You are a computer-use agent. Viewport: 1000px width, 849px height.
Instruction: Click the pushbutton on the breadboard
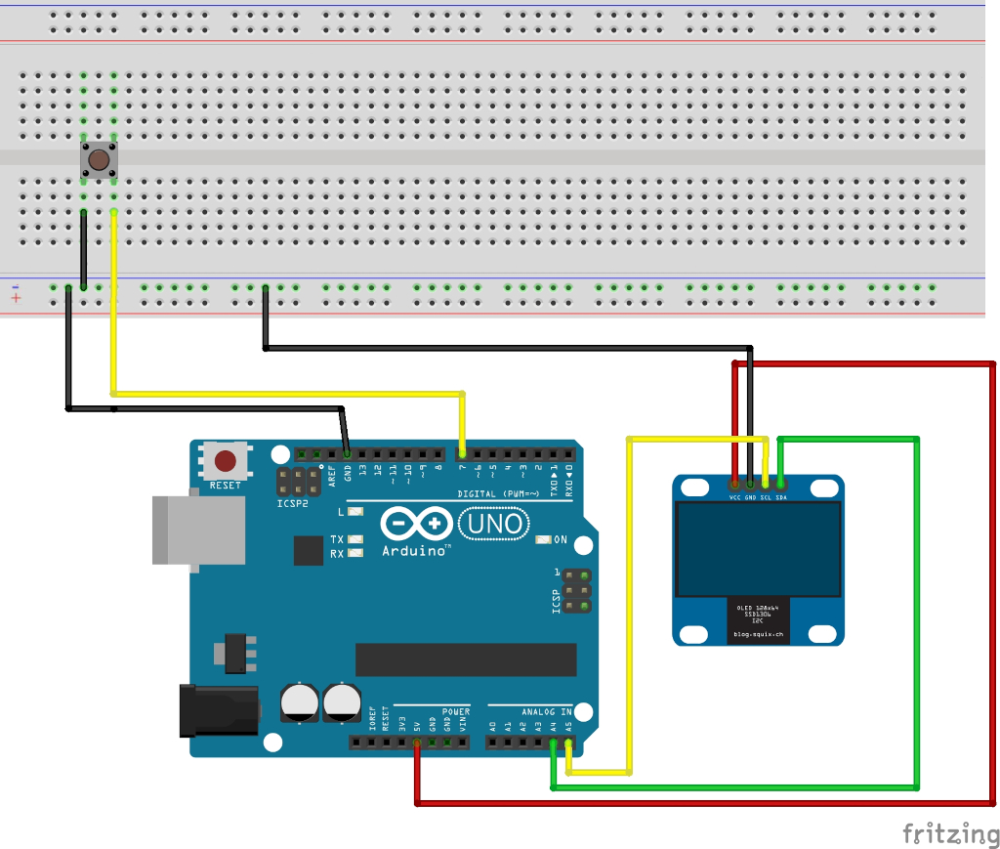pyautogui.click(x=99, y=159)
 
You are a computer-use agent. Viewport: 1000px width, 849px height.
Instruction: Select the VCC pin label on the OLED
pyautogui.click(x=734, y=496)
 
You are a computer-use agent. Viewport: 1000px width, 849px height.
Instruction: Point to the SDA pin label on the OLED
pyautogui.click(x=781, y=496)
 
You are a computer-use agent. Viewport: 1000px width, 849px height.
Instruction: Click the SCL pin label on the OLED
pyautogui.click(x=766, y=496)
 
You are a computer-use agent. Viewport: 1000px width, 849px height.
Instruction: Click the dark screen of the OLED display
pyautogui.click(x=757, y=549)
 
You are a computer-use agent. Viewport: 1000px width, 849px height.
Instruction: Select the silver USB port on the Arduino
pyautogui.click(x=198, y=529)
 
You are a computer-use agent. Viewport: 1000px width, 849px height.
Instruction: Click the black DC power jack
pyautogui.click(x=219, y=710)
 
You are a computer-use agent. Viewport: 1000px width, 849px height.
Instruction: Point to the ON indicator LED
pyautogui.click(x=545, y=539)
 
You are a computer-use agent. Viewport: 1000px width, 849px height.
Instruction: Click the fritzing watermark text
pyautogui.click(x=950, y=833)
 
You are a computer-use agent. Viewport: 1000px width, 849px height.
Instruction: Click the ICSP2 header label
pyautogui.click(x=292, y=503)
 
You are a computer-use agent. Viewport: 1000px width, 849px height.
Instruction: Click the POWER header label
pyautogui.click(x=456, y=711)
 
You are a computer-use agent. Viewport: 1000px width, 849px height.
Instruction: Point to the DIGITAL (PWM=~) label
pyautogui.click(x=499, y=494)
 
